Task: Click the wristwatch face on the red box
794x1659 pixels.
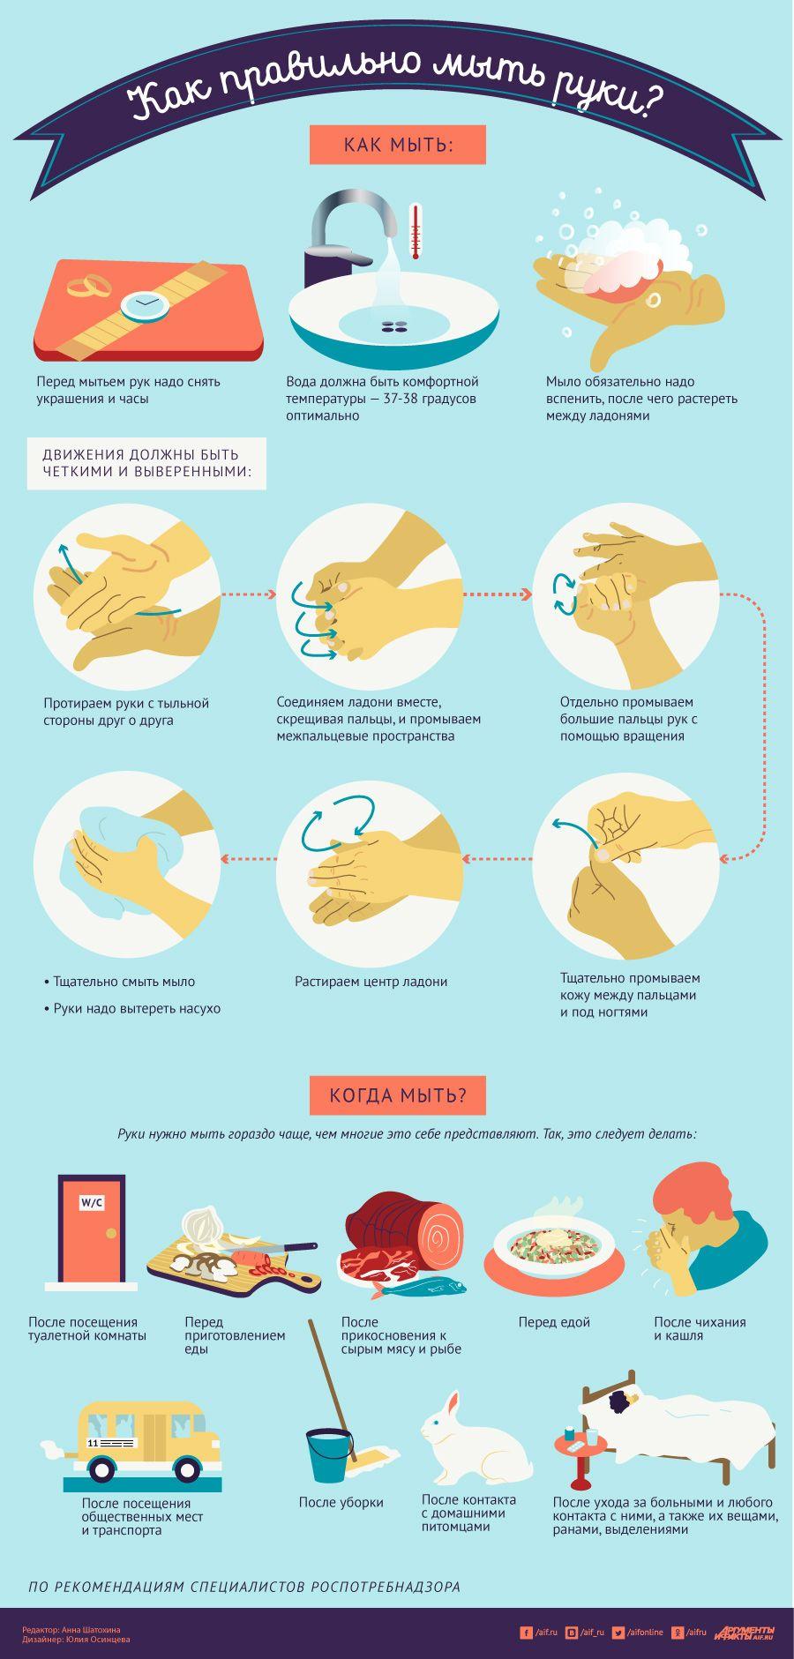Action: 146,304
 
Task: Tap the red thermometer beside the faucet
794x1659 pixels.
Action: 415,233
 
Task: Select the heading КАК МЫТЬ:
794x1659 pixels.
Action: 398,145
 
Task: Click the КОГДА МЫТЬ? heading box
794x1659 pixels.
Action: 398,1095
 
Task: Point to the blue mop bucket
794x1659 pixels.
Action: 329,1454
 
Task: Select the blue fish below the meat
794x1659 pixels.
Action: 418,1289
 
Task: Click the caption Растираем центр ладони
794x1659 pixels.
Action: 371,982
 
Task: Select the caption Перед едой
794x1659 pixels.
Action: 554,1322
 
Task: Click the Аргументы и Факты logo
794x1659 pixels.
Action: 745,1633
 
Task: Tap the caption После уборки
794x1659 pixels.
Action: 341,1503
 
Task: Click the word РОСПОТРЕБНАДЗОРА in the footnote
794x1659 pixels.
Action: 386,1587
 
